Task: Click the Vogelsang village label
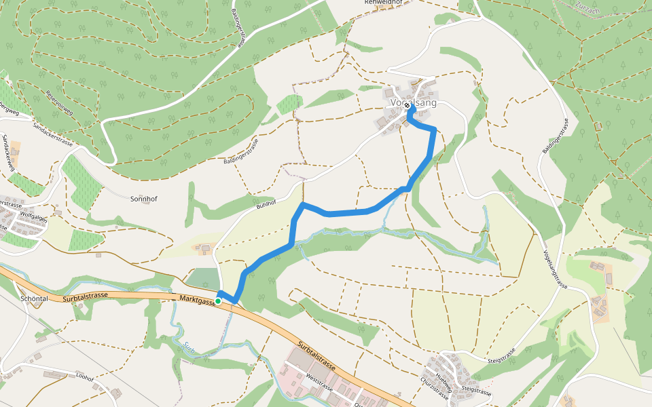click(413, 103)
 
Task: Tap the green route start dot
click(218, 301)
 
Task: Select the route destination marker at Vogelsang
click(407, 114)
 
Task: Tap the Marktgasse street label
click(197, 299)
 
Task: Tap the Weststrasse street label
click(319, 385)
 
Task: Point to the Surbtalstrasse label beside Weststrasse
click(316, 355)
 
